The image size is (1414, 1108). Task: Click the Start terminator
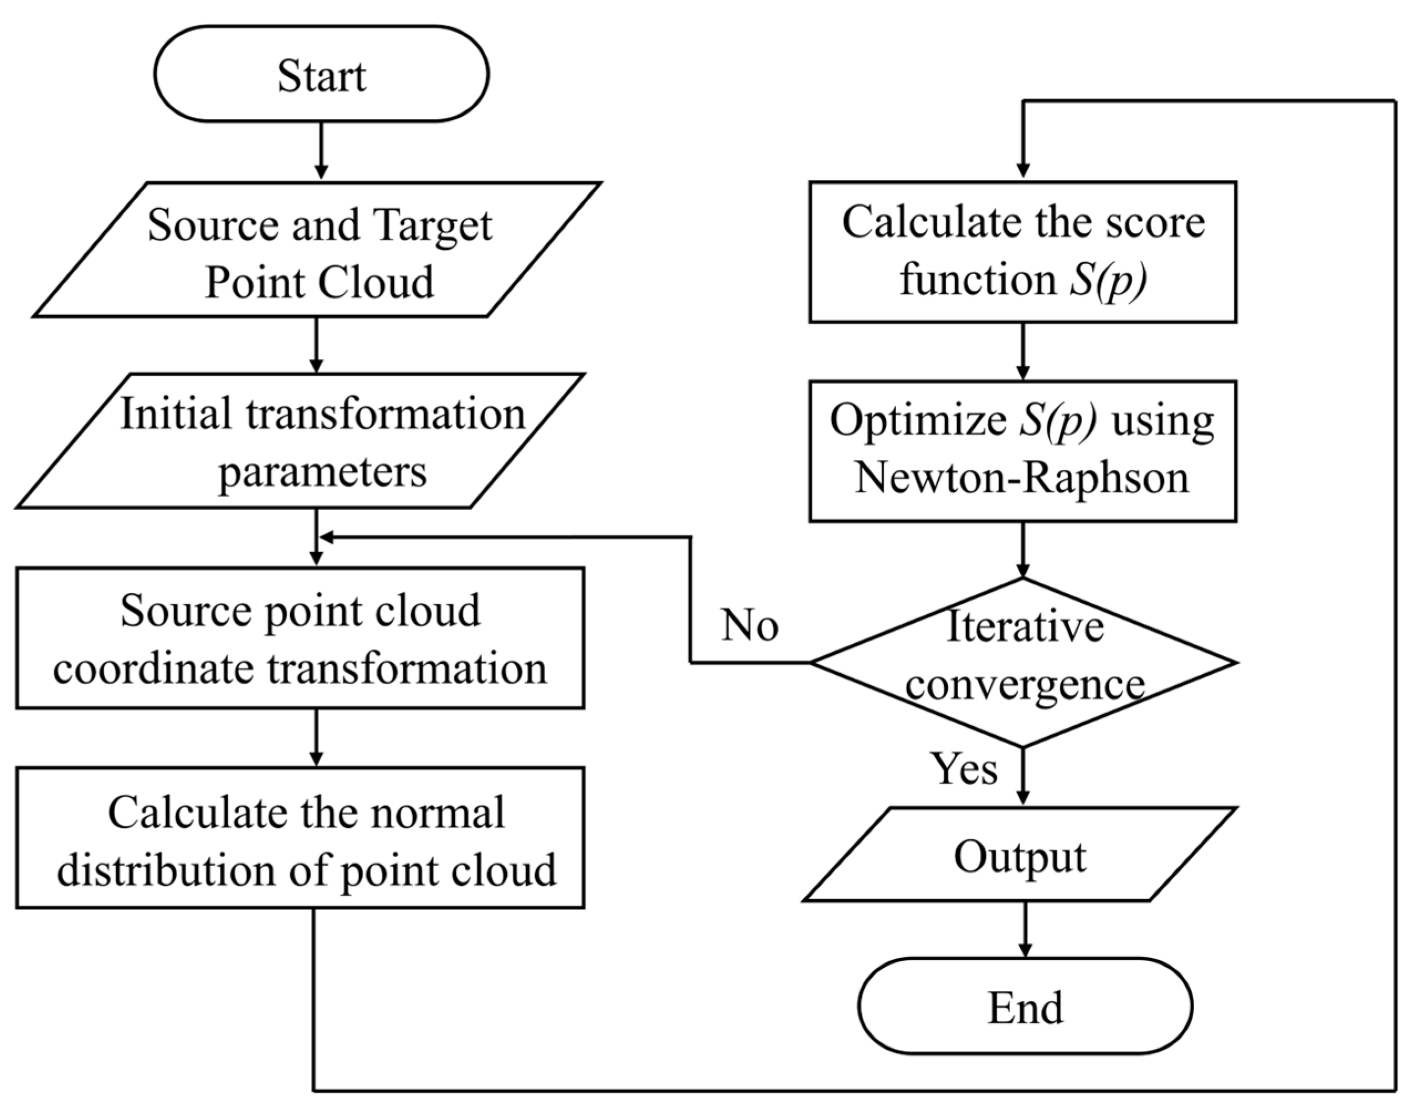click(321, 74)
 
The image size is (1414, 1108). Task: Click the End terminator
click(1025, 1006)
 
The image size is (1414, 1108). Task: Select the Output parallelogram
click(1020, 855)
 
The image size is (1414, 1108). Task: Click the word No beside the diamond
click(750, 625)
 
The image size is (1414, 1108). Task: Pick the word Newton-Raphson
click(1022, 478)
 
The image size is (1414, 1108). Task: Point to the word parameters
click(322, 471)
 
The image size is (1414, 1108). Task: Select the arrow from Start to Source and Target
click(321, 151)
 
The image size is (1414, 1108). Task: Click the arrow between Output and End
click(1025, 929)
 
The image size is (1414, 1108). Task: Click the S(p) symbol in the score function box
click(1107, 280)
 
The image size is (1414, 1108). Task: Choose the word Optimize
click(917, 420)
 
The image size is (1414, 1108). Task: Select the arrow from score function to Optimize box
click(1023, 351)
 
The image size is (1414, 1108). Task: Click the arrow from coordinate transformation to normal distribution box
click(316, 737)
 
